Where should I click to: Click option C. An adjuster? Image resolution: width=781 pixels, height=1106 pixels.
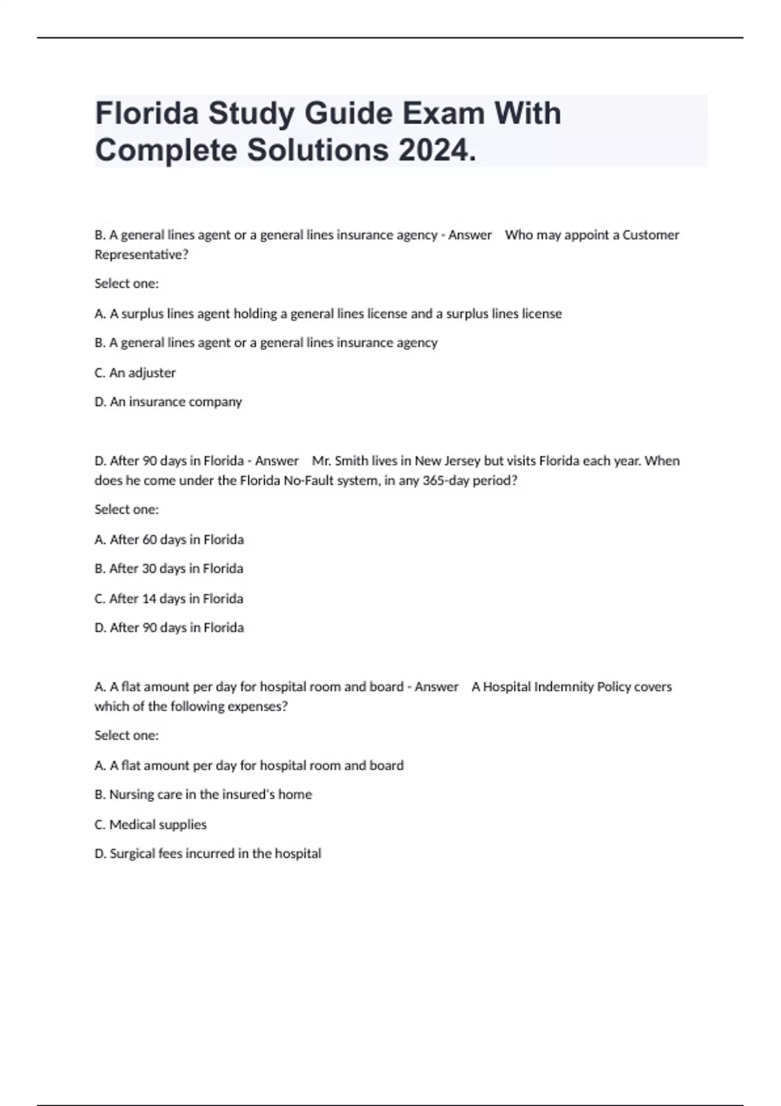coord(135,373)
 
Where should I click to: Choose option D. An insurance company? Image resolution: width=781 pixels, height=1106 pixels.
coord(168,402)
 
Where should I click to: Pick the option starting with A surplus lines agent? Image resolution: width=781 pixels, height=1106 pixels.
coord(328,314)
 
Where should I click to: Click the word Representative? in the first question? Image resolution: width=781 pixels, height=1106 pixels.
coord(141,255)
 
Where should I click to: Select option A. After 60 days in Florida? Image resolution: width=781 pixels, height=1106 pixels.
coord(169,539)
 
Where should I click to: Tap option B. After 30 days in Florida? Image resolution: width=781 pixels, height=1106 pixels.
coord(169,569)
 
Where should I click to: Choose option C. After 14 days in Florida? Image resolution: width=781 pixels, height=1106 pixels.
coord(169,599)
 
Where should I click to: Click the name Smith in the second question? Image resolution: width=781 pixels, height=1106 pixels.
coord(351,461)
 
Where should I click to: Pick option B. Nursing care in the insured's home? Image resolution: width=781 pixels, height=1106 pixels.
coord(203,794)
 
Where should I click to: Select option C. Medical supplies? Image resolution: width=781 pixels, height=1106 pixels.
coord(150,824)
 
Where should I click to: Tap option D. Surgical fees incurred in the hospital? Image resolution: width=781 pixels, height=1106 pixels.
coord(208,854)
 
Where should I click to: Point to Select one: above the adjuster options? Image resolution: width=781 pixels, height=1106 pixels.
coord(126,284)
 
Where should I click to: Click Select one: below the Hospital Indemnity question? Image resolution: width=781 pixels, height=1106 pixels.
coord(126,735)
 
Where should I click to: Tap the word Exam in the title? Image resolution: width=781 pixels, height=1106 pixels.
coord(443,113)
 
